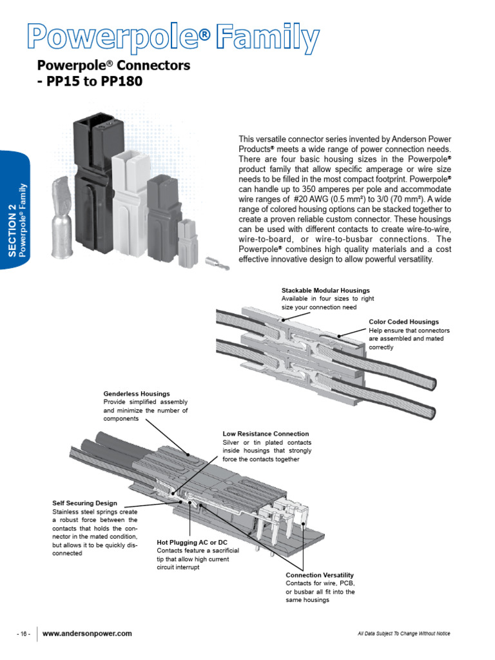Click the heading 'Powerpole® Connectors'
113,66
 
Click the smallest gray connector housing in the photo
186,239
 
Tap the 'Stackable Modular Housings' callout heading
325,291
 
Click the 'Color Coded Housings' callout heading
403,322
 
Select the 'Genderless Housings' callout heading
137,393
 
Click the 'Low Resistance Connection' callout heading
266,434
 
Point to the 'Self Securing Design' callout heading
84,503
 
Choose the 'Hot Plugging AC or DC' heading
192,543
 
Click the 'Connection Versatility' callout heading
320,575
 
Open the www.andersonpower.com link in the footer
87,634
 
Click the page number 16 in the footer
24,634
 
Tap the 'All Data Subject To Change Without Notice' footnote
403,634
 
